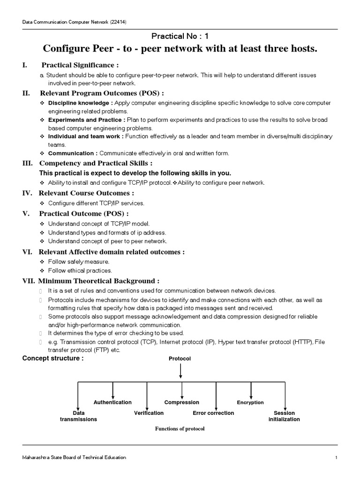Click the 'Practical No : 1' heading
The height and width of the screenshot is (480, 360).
(x=180, y=36)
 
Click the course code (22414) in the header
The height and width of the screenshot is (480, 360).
(x=118, y=22)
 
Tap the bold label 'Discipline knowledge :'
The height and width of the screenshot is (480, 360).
(x=73, y=102)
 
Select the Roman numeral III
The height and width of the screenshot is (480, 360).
(x=27, y=163)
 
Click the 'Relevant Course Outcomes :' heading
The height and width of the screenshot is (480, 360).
(x=86, y=193)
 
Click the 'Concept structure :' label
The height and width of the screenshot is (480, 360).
(x=53, y=358)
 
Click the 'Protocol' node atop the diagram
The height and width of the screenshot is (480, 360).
(x=180, y=359)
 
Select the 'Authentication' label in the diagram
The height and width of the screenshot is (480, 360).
(x=112, y=402)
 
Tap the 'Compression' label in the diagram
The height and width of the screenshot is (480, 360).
(x=181, y=402)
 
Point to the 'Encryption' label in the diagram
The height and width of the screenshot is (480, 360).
(x=250, y=402)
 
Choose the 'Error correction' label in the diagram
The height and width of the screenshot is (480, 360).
(x=213, y=413)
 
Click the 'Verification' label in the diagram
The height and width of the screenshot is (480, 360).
(x=149, y=413)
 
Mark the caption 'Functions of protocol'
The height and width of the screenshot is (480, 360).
(x=180, y=428)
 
